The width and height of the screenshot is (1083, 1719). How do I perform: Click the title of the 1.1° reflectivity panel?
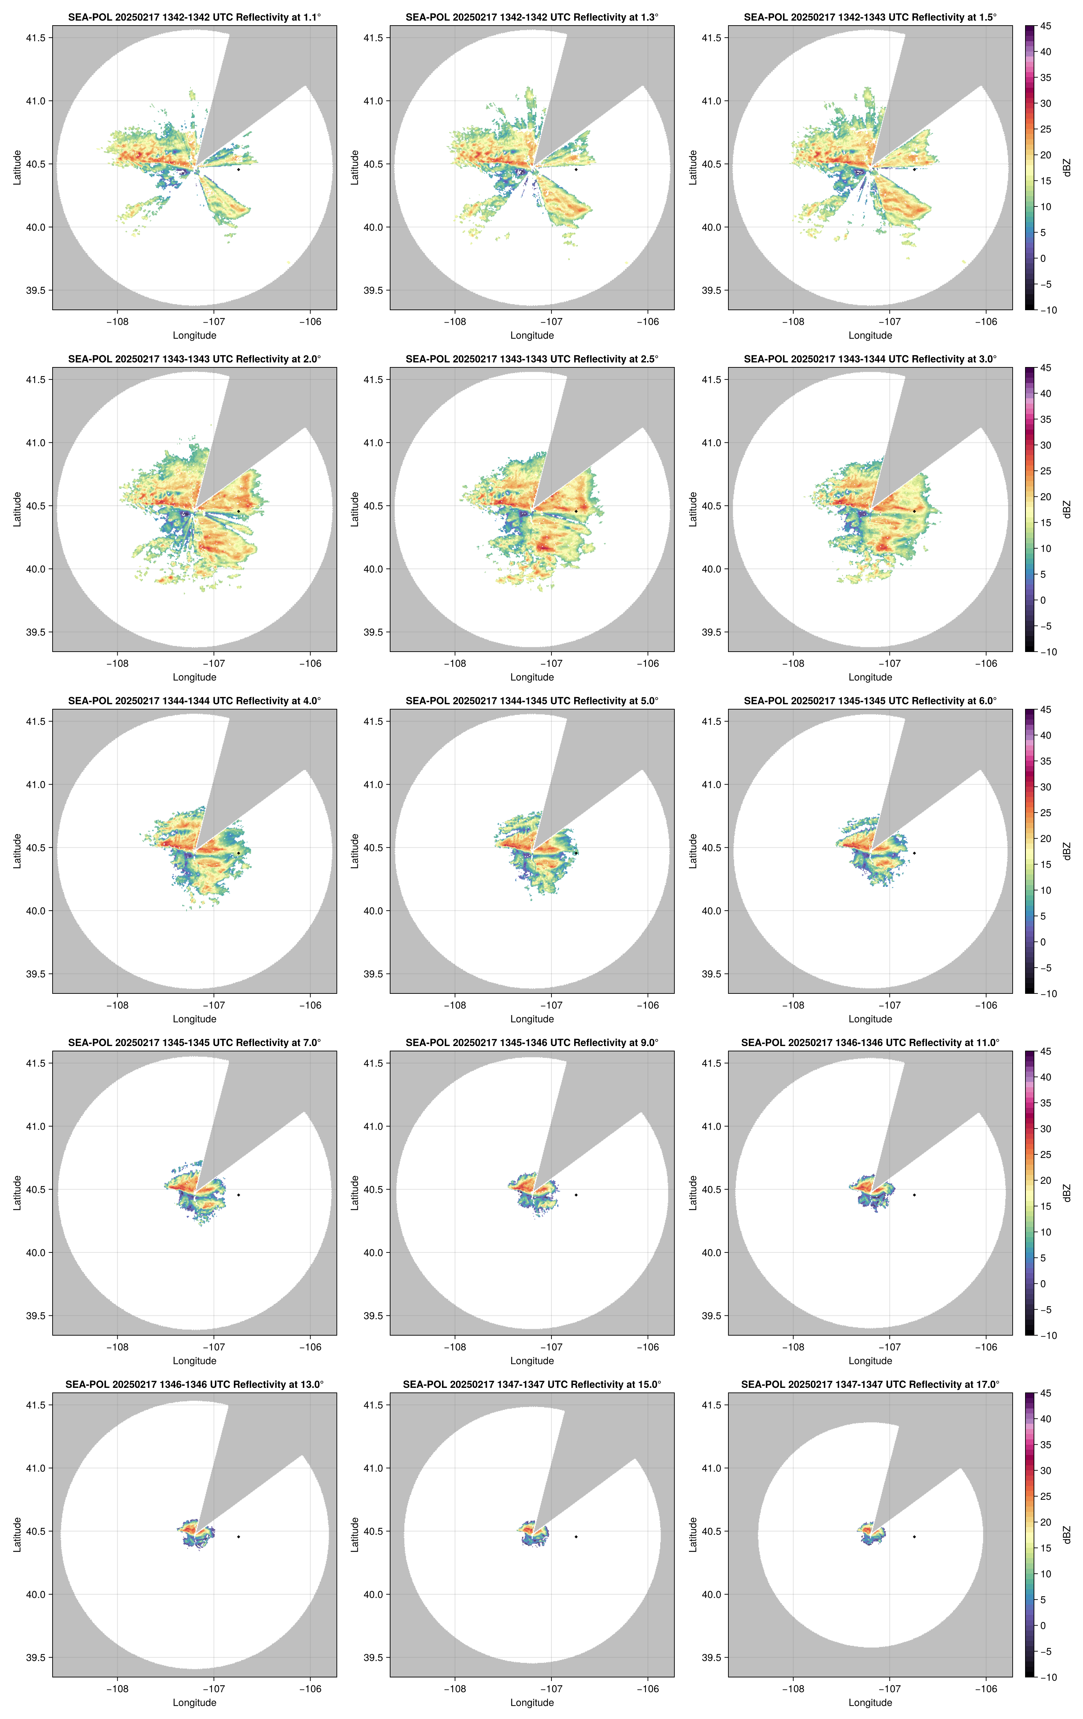(194, 17)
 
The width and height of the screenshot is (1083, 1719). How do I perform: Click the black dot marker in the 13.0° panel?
(238, 1536)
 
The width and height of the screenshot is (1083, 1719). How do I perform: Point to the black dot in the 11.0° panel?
(914, 1195)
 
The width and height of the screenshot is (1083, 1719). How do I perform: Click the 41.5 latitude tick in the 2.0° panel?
(36, 380)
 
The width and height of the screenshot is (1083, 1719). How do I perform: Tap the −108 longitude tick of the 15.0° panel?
(455, 1689)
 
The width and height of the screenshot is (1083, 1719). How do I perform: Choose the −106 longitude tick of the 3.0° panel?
(986, 663)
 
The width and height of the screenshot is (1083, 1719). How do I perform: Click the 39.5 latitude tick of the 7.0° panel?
(36, 1316)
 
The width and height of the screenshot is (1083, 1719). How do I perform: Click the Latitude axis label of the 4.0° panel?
(17, 851)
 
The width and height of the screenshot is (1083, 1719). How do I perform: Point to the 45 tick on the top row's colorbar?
(1045, 26)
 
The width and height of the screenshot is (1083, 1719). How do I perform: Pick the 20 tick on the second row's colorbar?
(1045, 497)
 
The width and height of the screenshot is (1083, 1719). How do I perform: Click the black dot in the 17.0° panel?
(914, 1536)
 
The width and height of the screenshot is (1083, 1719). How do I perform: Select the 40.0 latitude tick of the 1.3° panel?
(373, 227)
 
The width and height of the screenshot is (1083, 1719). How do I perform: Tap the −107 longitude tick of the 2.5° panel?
(551, 663)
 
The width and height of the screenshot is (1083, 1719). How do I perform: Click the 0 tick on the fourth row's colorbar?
(1043, 1283)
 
